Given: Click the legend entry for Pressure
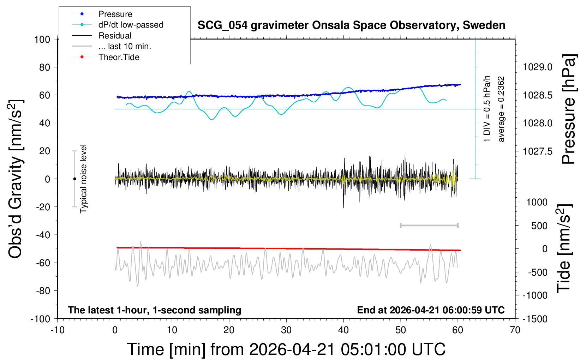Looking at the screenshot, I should click(x=115, y=14).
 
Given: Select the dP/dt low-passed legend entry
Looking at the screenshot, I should click(x=131, y=25).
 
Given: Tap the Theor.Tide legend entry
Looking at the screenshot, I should click(x=119, y=57).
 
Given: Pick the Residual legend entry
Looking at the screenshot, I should click(x=115, y=36).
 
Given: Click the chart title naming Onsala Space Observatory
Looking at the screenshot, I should click(x=351, y=25).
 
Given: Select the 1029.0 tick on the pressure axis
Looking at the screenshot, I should click(x=538, y=67).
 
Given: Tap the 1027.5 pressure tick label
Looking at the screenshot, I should click(x=538, y=151).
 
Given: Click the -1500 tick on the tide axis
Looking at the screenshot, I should click(x=535, y=319).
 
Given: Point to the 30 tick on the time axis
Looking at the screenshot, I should click(x=286, y=330).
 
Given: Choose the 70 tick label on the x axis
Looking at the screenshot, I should click(x=515, y=330).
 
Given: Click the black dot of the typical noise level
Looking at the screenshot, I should click(x=74, y=179).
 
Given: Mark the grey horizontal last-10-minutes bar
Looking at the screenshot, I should click(x=429, y=225).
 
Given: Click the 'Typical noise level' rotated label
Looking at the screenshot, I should click(x=83, y=179).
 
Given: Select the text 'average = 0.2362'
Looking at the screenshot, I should click(x=501, y=109).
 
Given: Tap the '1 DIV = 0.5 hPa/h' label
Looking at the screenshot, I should click(x=487, y=109).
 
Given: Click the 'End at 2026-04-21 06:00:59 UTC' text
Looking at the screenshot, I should click(x=431, y=310).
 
